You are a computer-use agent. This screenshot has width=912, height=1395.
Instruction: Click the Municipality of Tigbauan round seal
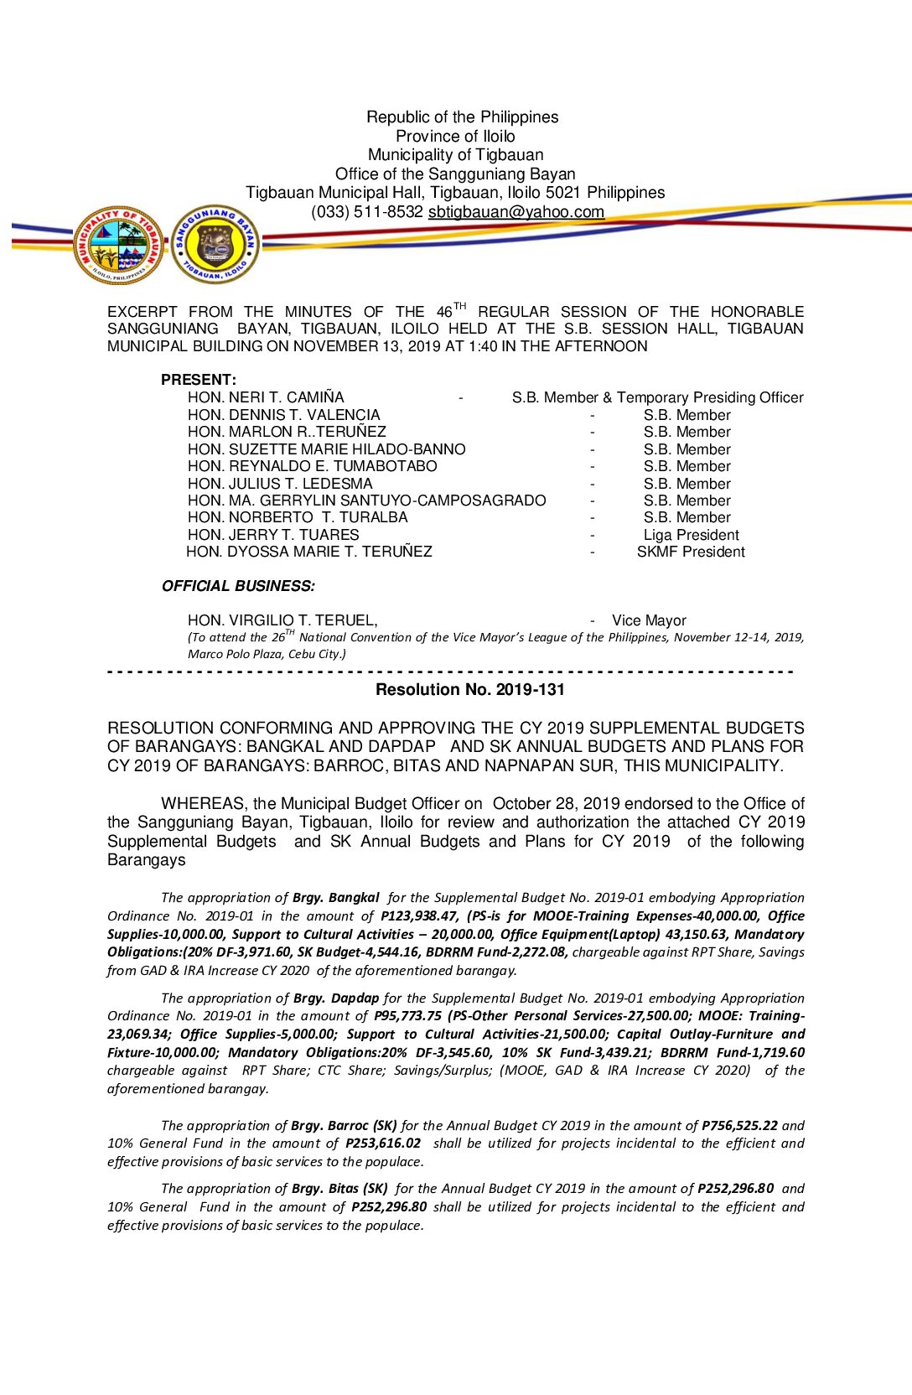pyautogui.click(x=118, y=245)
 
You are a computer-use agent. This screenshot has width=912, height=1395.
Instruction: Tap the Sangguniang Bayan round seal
pyautogui.click(x=215, y=244)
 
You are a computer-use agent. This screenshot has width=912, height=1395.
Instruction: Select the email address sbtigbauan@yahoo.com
pyautogui.click(x=516, y=212)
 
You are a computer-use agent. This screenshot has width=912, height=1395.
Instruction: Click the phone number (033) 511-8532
pyautogui.click(x=366, y=212)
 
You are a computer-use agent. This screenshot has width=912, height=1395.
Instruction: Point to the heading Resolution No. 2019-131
pyautogui.click(x=470, y=690)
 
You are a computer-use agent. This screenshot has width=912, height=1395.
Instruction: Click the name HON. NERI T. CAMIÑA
pyautogui.click(x=266, y=397)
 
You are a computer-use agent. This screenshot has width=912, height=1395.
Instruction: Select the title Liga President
pyautogui.click(x=691, y=535)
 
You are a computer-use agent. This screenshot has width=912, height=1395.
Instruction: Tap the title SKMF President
pyautogui.click(x=691, y=552)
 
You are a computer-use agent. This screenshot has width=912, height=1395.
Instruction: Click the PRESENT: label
pyautogui.click(x=199, y=380)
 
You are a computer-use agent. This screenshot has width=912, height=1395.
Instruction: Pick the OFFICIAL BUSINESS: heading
pyautogui.click(x=238, y=586)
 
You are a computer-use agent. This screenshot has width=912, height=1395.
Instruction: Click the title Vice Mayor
pyautogui.click(x=649, y=620)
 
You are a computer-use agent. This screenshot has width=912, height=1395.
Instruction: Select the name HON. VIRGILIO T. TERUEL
pyautogui.click(x=282, y=620)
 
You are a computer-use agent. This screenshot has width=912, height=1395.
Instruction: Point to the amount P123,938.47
pyautogui.click(x=419, y=916)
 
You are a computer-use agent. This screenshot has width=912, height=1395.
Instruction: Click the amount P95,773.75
pyautogui.click(x=407, y=1016)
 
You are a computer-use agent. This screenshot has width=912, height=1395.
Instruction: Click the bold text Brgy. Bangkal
pyautogui.click(x=335, y=898)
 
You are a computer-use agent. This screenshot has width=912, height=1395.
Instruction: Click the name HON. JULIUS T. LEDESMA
pyautogui.click(x=280, y=484)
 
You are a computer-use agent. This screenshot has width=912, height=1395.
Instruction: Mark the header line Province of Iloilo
pyautogui.click(x=455, y=136)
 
